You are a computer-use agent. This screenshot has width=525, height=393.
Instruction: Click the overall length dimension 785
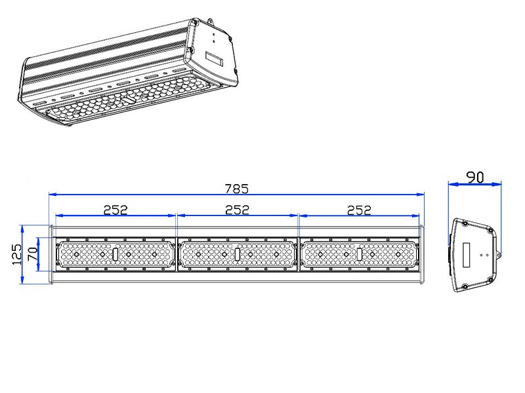point(237,189)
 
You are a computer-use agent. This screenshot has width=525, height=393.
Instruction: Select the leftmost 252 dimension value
point(115,210)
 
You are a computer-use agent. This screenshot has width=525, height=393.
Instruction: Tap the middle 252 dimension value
point(237,210)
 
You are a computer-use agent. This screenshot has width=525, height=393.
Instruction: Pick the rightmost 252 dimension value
point(359,210)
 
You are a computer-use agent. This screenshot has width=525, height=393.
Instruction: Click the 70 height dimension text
point(33,254)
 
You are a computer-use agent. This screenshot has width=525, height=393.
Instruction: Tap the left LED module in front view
point(115,254)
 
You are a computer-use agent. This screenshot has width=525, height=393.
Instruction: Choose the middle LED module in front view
point(237,254)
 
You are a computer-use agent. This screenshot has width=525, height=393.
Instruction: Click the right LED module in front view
point(359,254)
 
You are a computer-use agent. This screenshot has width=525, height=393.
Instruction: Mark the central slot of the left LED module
point(115,254)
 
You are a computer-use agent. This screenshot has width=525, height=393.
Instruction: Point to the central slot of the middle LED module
point(237,254)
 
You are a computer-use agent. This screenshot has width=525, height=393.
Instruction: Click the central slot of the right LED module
point(359,254)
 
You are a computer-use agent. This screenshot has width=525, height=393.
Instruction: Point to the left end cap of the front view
point(51,254)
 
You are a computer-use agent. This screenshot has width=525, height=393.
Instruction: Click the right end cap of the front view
point(421,254)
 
